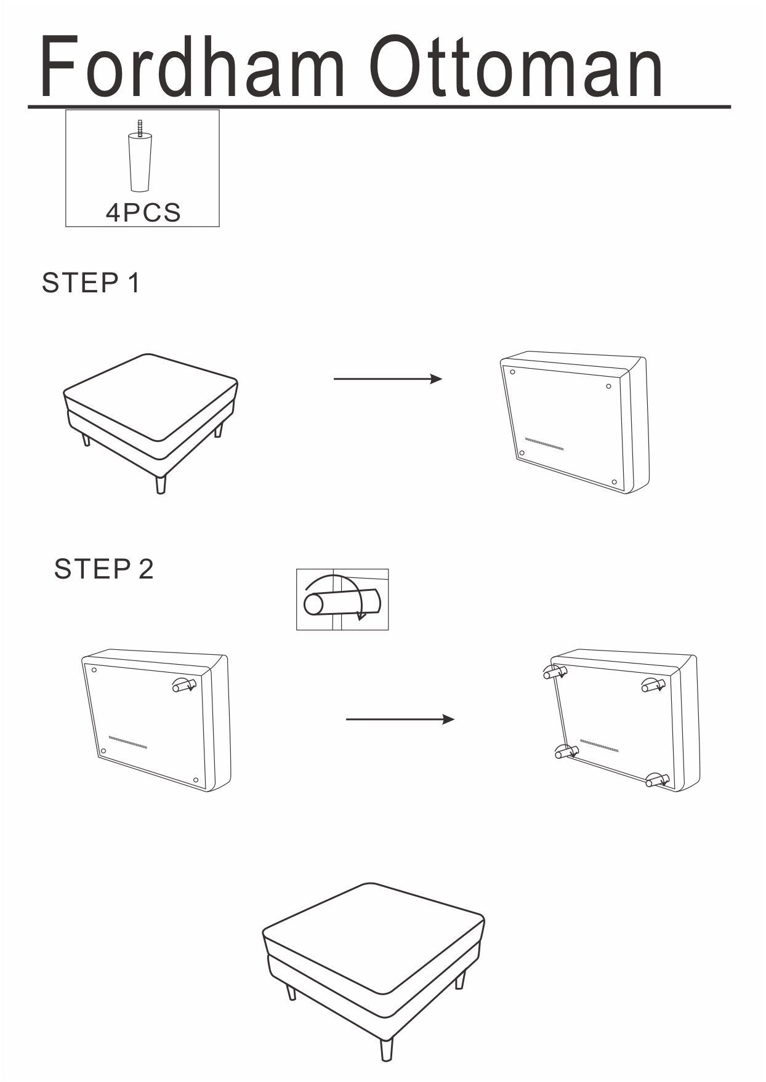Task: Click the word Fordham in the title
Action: (191, 66)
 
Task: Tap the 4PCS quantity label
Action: (143, 213)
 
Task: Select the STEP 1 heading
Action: (91, 283)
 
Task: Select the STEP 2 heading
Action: (103, 569)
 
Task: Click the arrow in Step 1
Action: (387, 379)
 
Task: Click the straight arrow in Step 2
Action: (400, 719)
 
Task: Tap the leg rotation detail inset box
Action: (342, 599)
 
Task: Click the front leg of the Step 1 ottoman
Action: (161, 484)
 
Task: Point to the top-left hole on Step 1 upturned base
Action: (512, 371)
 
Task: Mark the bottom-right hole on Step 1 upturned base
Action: (614, 482)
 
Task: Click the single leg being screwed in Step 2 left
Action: (184, 684)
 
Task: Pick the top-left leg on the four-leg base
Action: (555, 672)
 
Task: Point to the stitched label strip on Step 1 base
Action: (544, 444)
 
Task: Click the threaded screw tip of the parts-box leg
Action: (140, 125)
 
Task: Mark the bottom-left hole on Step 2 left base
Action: (103, 751)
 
